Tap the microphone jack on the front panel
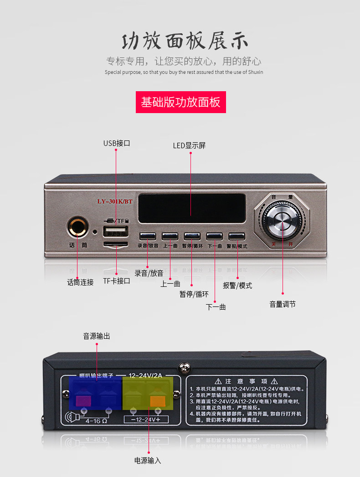pos(77,226)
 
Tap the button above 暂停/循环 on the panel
pos(192,236)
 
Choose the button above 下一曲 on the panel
pos(214,236)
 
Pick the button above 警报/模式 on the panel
pos(237,236)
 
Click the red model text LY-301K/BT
pos(114,201)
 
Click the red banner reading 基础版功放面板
pos(180,102)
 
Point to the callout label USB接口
pos(117,143)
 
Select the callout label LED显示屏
pos(189,145)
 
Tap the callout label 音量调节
pos(283,304)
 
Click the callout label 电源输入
pos(148,461)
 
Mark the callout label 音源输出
pos(97,336)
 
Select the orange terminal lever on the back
pos(157,400)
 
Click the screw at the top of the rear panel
pos(185,367)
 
